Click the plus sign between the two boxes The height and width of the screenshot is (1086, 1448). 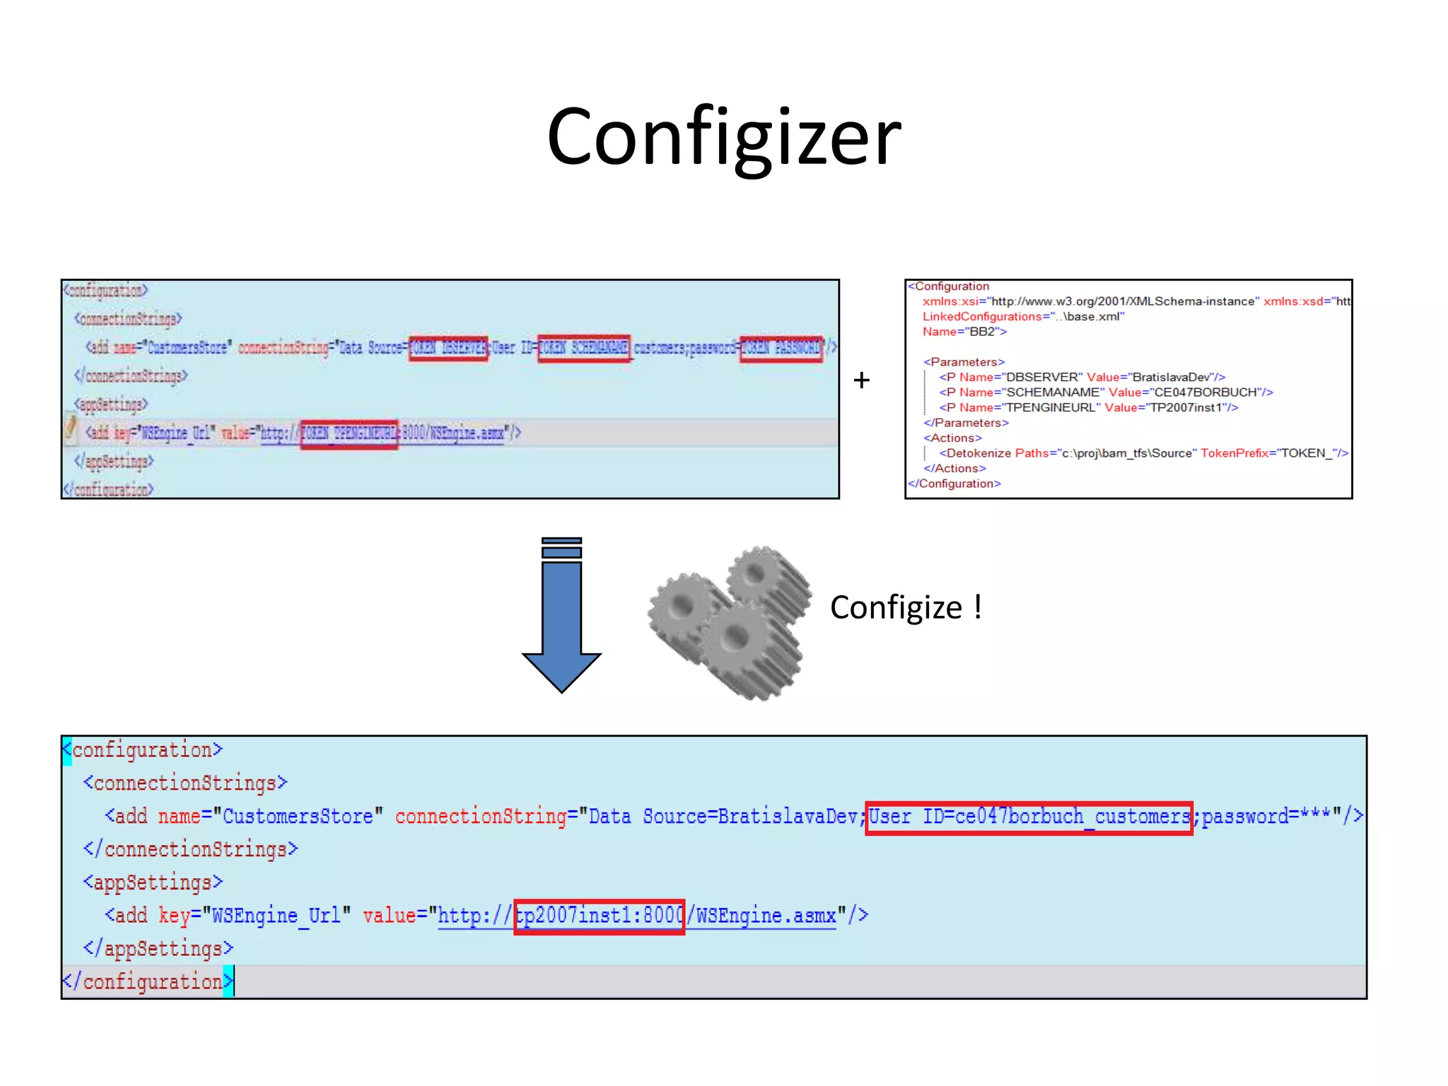click(x=861, y=380)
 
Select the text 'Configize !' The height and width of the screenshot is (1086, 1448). click(x=906, y=607)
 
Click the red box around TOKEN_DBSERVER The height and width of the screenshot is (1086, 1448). click(x=448, y=348)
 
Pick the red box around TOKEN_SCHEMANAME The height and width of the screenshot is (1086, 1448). click(x=584, y=348)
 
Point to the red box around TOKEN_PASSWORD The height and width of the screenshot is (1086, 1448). click(x=781, y=348)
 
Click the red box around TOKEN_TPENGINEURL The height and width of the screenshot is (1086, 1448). click(x=349, y=433)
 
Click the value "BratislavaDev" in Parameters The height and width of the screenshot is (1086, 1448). click(x=1172, y=377)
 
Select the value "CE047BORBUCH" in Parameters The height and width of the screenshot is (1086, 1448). click(x=1205, y=392)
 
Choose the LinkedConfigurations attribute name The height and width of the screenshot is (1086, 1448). click(x=982, y=317)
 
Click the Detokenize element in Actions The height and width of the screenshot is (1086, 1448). click(x=979, y=453)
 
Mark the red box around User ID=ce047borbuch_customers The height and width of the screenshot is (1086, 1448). click(x=1029, y=818)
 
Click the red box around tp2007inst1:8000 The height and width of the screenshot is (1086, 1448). click(x=599, y=917)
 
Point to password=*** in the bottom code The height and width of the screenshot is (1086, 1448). click(x=1266, y=817)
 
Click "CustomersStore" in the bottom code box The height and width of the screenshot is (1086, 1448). click(x=298, y=817)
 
